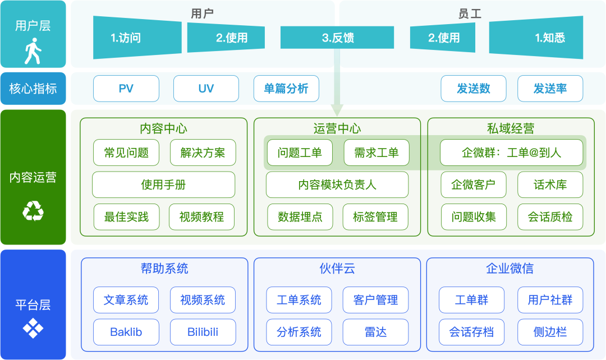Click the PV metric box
tap(126, 89)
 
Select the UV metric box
tap(206, 89)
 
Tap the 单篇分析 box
tap(286, 89)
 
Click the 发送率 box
tap(550, 89)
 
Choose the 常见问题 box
tap(126, 153)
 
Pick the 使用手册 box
tap(163, 184)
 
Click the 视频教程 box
tap(202, 217)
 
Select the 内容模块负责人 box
tap(337, 184)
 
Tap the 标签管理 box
tap(375, 217)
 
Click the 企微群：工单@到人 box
tap(511, 153)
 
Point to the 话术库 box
tap(550, 184)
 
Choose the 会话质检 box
tap(550, 217)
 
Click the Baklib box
tap(126, 332)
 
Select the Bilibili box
tap(203, 332)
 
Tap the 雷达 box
tap(375, 332)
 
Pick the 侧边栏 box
tap(550, 332)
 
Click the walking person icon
tap(33, 51)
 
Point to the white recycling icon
tap(33, 211)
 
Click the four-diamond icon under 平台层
tap(33, 328)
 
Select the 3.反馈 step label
tap(338, 38)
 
